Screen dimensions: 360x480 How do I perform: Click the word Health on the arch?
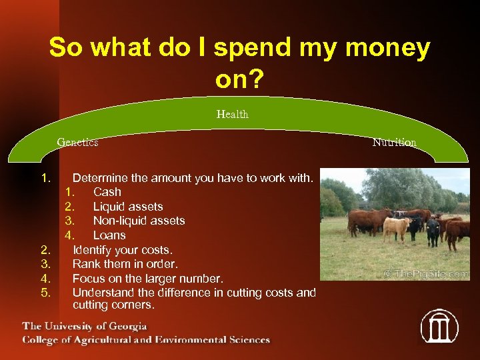(232, 115)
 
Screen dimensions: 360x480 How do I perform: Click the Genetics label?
(77, 142)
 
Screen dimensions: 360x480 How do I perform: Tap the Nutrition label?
(394, 143)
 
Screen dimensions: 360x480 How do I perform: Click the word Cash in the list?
(107, 192)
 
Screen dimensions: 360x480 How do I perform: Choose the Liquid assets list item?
(128, 207)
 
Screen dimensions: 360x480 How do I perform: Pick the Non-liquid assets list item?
(139, 221)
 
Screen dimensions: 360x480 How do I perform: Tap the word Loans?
(109, 235)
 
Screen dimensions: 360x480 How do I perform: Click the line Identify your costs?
(122, 250)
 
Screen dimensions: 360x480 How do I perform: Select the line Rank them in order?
(125, 264)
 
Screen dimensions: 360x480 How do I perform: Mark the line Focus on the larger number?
(147, 278)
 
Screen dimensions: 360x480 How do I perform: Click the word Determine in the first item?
(102, 178)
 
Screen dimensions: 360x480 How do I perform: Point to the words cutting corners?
(113, 305)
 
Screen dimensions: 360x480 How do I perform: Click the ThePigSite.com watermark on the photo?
(426, 273)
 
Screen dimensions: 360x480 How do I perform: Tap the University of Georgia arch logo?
(439, 326)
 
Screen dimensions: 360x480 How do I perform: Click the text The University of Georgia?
(85, 326)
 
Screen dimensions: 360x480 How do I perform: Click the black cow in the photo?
(433, 230)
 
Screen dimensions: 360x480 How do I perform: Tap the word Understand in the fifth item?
(103, 293)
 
